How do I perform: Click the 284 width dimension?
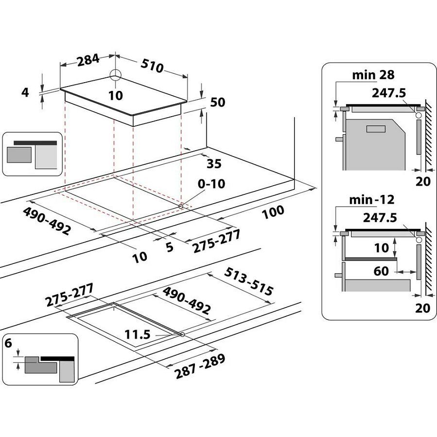point(88,60)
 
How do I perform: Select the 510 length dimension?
point(153,65)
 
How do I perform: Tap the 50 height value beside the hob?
point(218,103)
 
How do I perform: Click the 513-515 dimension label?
point(248,283)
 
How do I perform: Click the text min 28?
point(373,75)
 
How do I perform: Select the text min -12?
point(372,200)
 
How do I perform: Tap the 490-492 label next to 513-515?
point(187,300)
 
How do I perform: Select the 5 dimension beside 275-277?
point(170,247)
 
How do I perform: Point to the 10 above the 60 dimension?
point(382,248)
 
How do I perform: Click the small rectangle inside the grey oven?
point(375,129)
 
